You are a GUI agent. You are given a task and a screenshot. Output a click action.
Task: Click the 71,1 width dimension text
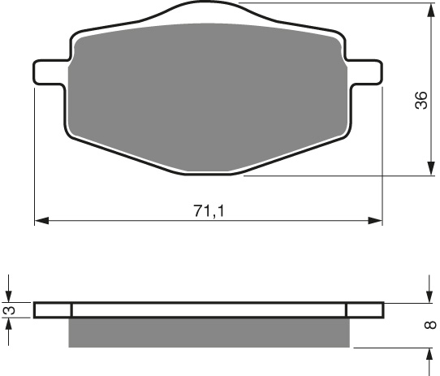(209, 210)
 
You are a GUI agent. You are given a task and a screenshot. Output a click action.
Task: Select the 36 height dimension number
(420, 101)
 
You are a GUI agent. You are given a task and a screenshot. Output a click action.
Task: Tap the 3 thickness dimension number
(9, 309)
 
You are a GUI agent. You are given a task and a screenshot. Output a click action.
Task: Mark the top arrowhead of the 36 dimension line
(429, 8)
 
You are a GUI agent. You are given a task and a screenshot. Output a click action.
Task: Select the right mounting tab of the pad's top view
(367, 71)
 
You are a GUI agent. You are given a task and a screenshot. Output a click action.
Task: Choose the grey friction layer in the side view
(209, 332)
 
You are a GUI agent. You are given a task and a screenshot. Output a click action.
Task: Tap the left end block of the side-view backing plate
(54, 309)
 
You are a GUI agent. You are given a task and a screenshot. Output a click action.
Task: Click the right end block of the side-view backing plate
(365, 309)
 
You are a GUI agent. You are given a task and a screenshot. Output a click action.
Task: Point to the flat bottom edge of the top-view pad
(209, 172)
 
